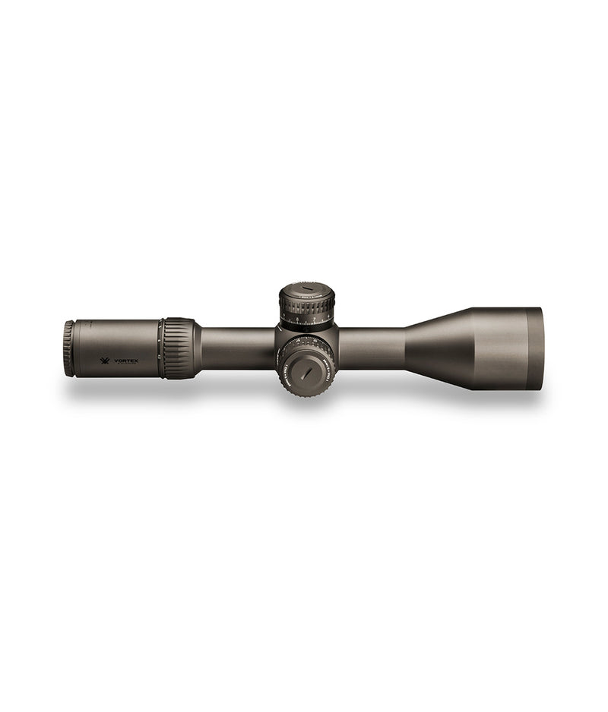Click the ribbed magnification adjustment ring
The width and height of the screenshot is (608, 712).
178,347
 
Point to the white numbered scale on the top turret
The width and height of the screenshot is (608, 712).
307,322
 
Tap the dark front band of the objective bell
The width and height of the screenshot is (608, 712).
534,348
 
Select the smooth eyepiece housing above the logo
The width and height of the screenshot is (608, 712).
114,334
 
